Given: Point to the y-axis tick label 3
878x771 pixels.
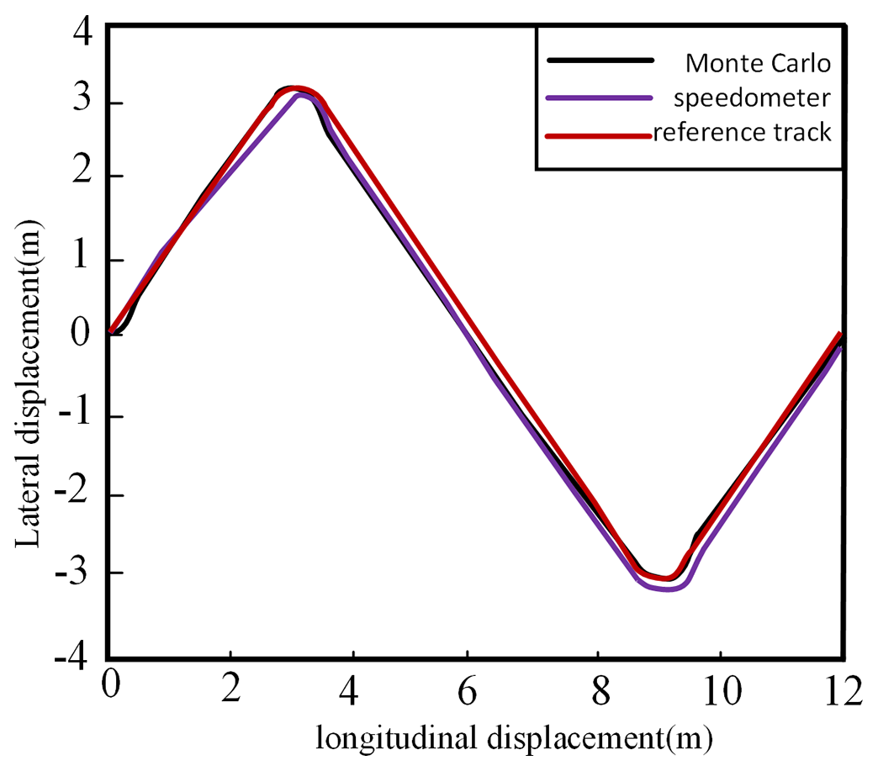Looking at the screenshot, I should point(83,103).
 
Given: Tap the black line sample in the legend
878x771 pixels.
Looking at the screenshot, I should point(600,61).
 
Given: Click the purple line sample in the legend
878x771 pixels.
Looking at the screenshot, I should point(600,98).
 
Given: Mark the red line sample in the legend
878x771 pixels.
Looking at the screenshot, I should point(600,135).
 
